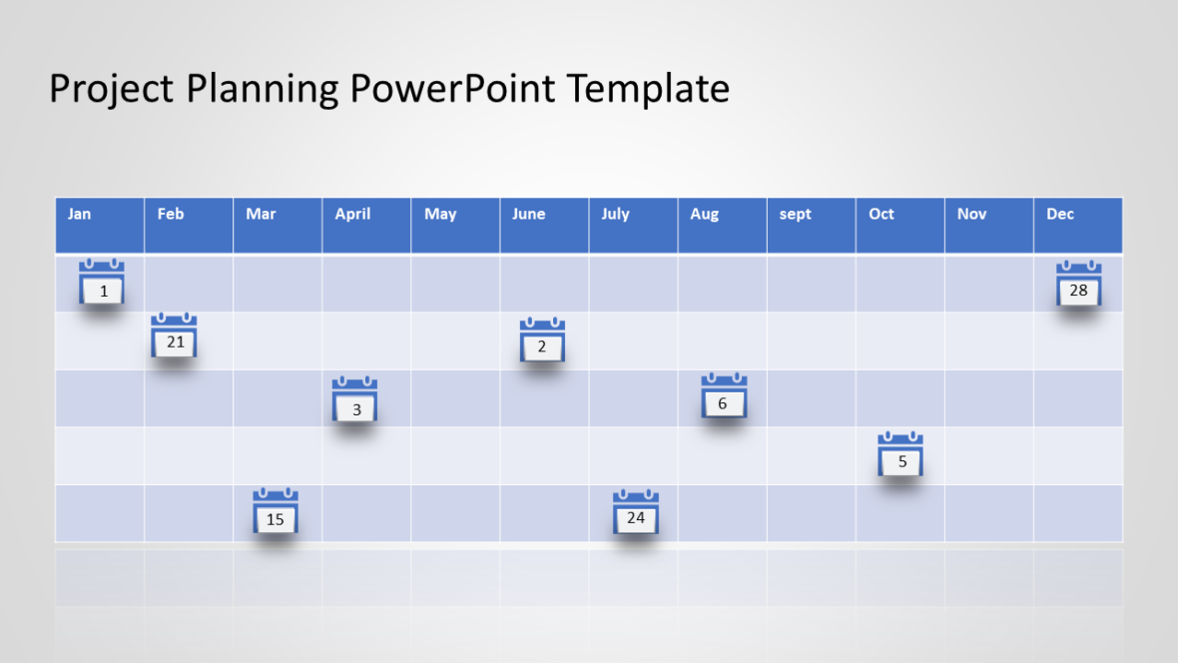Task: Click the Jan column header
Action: pos(100,225)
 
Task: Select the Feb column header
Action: pos(189,225)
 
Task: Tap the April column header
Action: pos(366,225)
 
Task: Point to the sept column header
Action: pos(811,225)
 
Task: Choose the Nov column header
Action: pos(988,225)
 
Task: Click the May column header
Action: pos(455,225)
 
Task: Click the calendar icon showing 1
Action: pos(102,282)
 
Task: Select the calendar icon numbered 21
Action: pos(174,336)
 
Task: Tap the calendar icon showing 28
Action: pos(1079,284)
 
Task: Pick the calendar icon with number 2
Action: pos(542,340)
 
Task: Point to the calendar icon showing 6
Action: pos(724,395)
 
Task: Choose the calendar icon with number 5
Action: pos(900,454)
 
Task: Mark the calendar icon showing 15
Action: pos(276,511)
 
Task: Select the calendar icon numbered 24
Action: pos(636,511)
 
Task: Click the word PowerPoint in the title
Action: pos(452,89)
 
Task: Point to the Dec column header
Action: pos(1078,225)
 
